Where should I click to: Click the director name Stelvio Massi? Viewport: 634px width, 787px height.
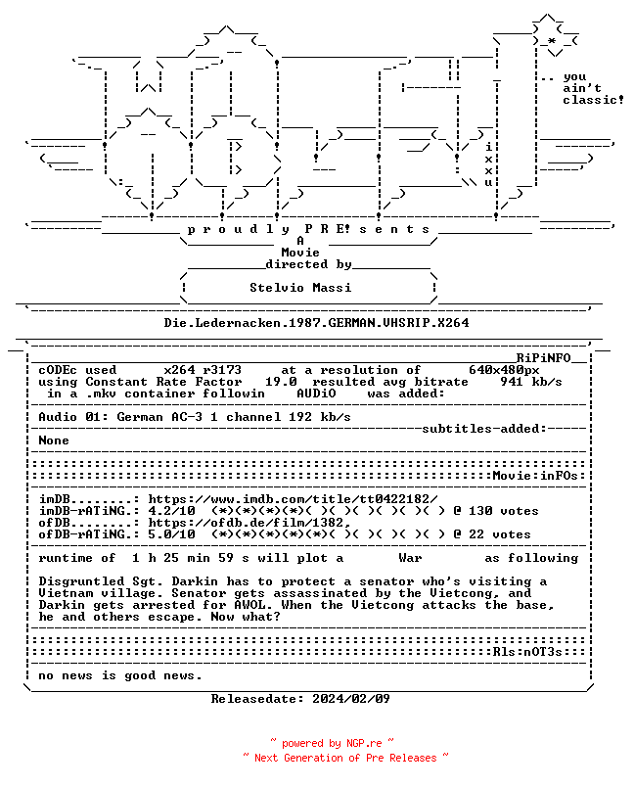pyautogui.click(x=300, y=288)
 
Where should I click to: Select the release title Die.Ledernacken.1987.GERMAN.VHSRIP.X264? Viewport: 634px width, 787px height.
pyautogui.click(x=316, y=323)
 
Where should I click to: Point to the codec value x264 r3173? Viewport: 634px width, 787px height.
pyautogui.click(x=203, y=370)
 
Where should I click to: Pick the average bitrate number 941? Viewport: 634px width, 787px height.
pyautogui.click(x=512, y=382)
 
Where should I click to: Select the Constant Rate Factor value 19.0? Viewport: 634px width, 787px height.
pyautogui.click(x=281, y=382)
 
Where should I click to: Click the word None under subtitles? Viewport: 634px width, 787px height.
pyautogui.click(x=54, y=440)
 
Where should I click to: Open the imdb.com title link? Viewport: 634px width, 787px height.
pyautogui.click(x=293, y=499)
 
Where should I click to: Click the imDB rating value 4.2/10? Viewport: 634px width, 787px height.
pyautogui.click(x=171, y=511)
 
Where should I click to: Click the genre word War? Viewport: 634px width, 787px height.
pyautogui.click(x=410, y=558)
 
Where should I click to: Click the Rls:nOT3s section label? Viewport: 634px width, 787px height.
pyautogui.click(x=527, y=652)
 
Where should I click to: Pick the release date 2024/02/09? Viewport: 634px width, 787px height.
pyautogui.click(x=351, y=699)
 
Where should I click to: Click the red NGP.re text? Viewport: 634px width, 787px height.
pyautogui.click(x=364, y=743)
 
